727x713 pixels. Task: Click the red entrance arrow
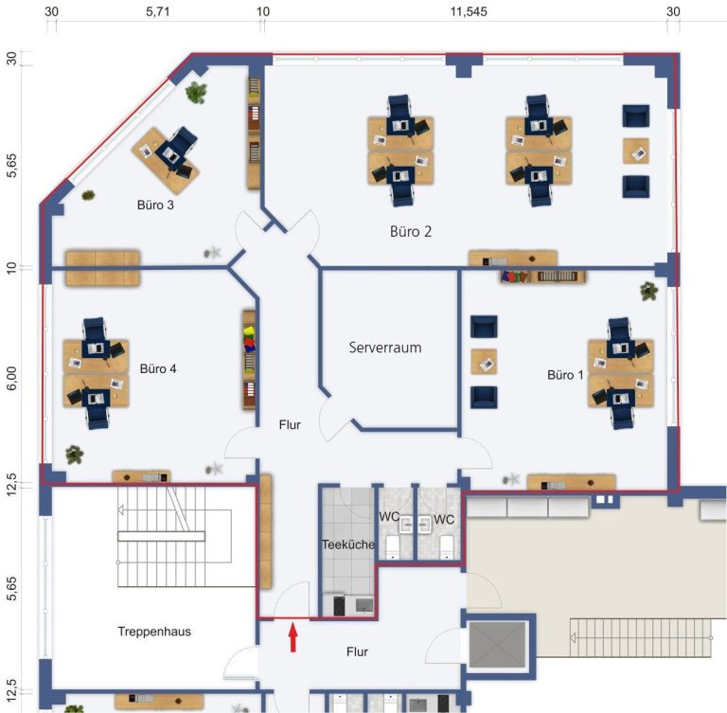pos(293,638)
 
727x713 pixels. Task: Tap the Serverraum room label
pos(385,348)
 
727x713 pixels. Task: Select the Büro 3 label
pos(155,205)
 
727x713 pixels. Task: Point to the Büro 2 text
pos(411,231)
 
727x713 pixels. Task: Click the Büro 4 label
pos(158,368)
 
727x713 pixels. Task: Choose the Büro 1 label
pos(565,375)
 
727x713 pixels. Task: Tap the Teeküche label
pos(348,544)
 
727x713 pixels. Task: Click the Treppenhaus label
pos(154,632)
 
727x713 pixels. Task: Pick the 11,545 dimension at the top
pos(469,12)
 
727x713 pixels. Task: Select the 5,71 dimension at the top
pos(158,11)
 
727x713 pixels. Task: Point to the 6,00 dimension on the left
pos(11,378)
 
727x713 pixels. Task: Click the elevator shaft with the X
pos(498,645)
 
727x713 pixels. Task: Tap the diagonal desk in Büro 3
pos(166,161)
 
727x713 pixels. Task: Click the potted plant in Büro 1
pos(648,291)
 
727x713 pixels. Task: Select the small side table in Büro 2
pos(636,152)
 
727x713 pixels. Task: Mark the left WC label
pos(389,516)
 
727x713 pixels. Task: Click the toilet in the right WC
pos(447,546)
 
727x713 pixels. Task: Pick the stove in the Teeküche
pos(339,606)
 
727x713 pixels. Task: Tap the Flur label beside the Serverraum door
pos(290,425)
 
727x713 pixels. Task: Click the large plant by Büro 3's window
pos(196,92)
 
